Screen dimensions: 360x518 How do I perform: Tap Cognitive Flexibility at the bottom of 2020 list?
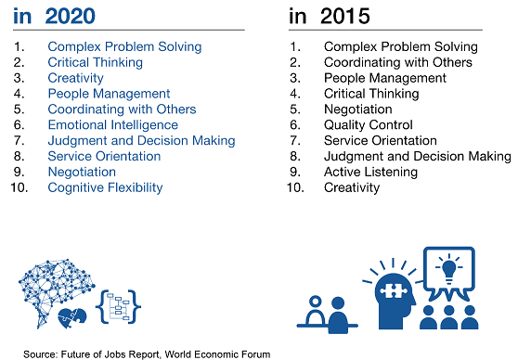105,187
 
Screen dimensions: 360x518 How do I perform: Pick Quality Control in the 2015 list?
369,124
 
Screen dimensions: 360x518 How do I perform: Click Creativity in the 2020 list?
75,77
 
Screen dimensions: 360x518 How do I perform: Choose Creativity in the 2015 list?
352,187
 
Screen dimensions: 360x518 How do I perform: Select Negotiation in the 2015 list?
358,109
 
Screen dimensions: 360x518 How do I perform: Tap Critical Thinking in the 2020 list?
96,61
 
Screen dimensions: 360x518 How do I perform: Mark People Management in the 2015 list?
384,77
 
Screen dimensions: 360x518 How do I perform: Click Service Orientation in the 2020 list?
104,156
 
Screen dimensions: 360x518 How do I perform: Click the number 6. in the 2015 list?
297,124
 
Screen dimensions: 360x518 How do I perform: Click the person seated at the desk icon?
321,309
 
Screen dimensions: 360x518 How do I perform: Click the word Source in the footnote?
42,354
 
